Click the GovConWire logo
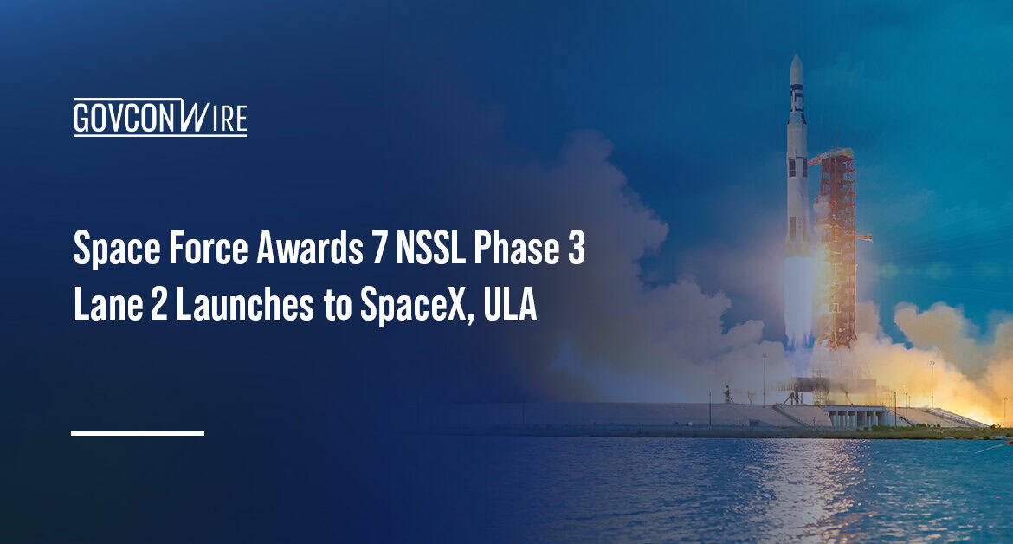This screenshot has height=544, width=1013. click(159, 118)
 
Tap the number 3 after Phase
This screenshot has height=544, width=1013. click(576, 252)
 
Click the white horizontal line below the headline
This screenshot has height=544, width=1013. click(138, 432)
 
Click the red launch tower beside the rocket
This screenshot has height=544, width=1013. click(836, 251)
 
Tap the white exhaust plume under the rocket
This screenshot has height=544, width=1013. click(798, 303)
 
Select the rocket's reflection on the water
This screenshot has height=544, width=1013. click(801, 485)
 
